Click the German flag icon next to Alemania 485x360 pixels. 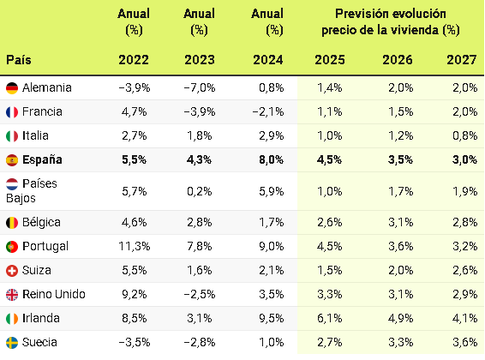pyautogui.click(x=12, y=87)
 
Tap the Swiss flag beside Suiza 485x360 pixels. pyautogui.click(x=12, y=271)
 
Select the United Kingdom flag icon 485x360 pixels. pyautogui.click(x=12, y=295)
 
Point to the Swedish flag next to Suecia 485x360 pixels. pyautogui.click(x=12, y=342)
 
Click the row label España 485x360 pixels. pyautogui.click(x=42, y=160)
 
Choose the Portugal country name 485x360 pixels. pyautogui.click(x=45, y=247)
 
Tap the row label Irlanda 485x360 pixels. pyautogui.click(x=41, y=318)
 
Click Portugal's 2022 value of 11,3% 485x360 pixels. pyautogui.click(x=135, y=247)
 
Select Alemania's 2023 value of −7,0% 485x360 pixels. pyautogui.click(x=200, y=87)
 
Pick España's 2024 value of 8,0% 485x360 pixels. pyautogui.click(x=272, y=160)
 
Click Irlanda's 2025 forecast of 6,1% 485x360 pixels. pyautogui.click(x=330, y=318)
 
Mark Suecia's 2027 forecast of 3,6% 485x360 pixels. pyautogui.click(x=465, y=342)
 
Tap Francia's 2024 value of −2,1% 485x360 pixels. pyautogui.click(x=268, y=111)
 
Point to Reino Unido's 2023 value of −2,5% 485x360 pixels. pyautogui.click(x=200, y=295)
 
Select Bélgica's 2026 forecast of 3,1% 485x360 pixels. pyautogui.click(x=401, y=222)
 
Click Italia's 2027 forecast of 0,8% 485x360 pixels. pyautogui.click(x=465, y=135)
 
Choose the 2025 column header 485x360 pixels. pyautogui.click(x=330, y=60)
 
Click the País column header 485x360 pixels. pyautogui.click(x=19, y=60)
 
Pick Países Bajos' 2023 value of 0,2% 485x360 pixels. pyautogui.click(x=200, y=191)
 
